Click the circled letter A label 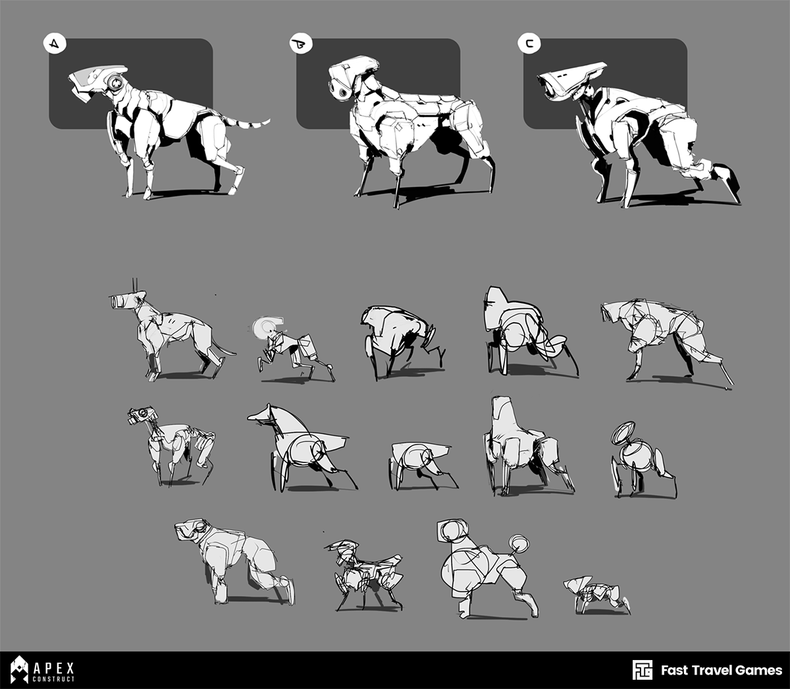(x=55, y=43)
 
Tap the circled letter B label (x=301, y=43)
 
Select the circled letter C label (x=529, y=43)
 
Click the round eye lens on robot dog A (x=115, y=82)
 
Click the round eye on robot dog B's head (x=342, y=93)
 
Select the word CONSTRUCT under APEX (x=54, y=679)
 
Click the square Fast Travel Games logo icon (x=642, y=670)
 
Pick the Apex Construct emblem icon (x=19, y=669)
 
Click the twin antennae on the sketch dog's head (x=135, y=285)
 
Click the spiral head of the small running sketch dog (x=264, y=327)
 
